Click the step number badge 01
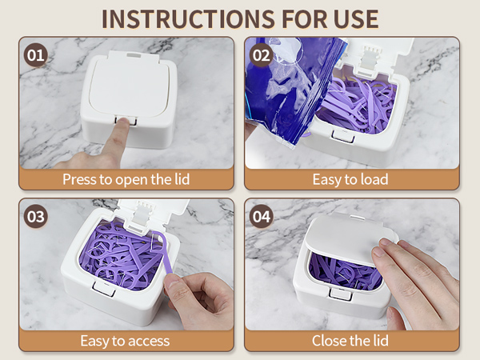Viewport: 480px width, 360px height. point(36,55)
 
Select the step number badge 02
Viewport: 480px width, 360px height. point(262,55)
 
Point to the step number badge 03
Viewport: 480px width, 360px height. point(36,216)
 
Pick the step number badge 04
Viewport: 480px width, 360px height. point(262,216)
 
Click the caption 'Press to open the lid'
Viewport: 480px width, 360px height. point(126,179)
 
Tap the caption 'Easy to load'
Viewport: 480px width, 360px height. point(351,179)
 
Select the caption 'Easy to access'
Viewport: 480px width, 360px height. point(126,341)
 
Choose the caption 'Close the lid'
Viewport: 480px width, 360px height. point(351,341)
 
